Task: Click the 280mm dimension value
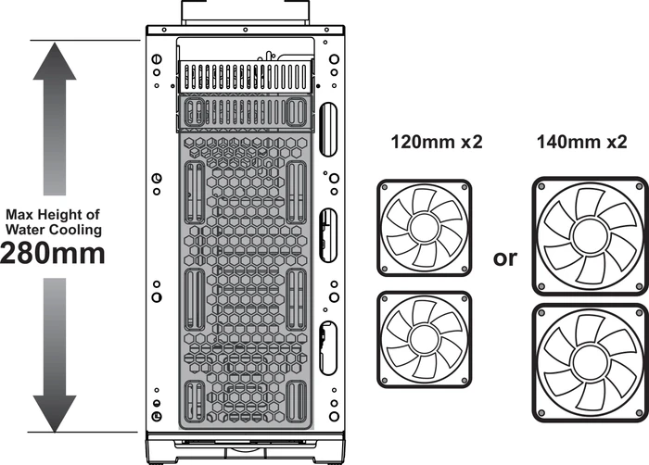pyautogui.click(x=53, y=253)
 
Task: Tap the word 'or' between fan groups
pyautogui.click(x=504, y=258)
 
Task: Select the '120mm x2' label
pyautogui.click(x=437, y=142)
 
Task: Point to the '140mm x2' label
pyautogui.click(x=582, y=142)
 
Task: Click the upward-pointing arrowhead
pyautogui.click(x=55, y=61)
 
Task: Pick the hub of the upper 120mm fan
pyautogui.click(x=425, y=227)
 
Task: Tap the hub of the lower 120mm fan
pyautogui.click(x=425, y=339)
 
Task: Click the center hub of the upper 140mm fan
pyautogui.click(x=590, y=236)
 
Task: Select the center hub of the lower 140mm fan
pyautogui.click(x=590, y=363)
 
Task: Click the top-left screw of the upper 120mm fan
pyautogui.click(x=385, y=187)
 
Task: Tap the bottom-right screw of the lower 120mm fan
pyautogui.click(x=464, y=381)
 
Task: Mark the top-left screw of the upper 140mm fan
pyautogui.click(x=541, y=186)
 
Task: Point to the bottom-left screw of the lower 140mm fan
pyautogui.click(x=541, y=413)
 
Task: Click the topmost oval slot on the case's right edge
pyautogui.click(x=329, y=129)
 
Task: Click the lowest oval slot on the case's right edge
pyautogui.click(x=328, y=347)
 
